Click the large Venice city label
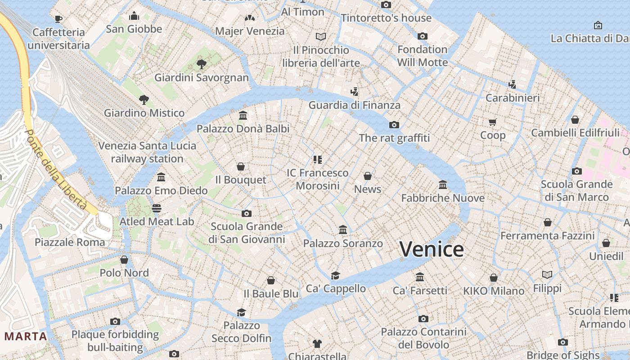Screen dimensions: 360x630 pos(432,249)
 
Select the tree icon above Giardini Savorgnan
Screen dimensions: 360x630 pos(202,64)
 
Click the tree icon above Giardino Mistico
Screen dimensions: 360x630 pos(144,99)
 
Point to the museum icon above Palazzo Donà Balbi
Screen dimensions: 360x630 pos(243,116)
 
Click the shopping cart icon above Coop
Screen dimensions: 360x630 pos(493,122)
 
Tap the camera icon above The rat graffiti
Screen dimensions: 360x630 pos(394,125)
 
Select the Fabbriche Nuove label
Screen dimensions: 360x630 pos(443,198)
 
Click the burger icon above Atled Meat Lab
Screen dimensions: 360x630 pos(157,208)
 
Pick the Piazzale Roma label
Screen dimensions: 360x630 pos(70,242)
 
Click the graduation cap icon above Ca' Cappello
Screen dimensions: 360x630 pos(335,275)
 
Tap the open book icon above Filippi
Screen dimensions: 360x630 pos(547,274)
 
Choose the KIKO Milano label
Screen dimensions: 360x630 pos(494,291)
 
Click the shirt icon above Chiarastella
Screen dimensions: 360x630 pos(317,344)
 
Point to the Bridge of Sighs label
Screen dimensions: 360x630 pos(563,355)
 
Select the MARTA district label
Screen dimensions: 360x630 pos(26,336)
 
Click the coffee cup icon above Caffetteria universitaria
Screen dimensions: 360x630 pos(58,19)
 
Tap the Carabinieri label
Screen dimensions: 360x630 pos(513,98)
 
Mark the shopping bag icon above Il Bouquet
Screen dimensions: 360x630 pos(241,167)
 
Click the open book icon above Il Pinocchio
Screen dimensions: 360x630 pos(321,36)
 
